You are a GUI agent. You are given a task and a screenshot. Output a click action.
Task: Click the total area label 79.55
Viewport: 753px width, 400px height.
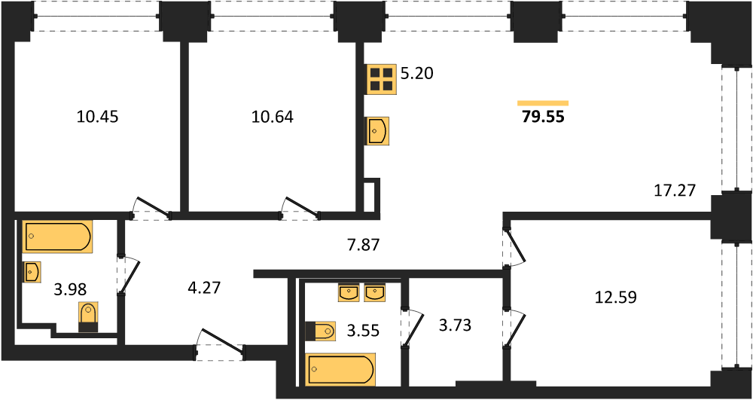(x=543, y=117)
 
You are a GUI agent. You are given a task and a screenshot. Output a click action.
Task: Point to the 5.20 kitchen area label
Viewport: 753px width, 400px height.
(x=418, y=74)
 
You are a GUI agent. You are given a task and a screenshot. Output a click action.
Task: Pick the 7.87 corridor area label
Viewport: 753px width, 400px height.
(x=362, y=246)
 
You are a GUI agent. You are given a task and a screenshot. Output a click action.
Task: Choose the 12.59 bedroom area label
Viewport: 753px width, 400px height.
(x=616, y=298)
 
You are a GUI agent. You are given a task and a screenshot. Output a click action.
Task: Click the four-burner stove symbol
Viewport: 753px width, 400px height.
(x=382, y=79)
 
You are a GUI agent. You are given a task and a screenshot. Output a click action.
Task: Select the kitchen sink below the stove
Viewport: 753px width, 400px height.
(x=378, y=131)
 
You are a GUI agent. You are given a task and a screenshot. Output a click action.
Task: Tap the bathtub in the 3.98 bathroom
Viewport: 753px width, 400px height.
(x=57, y=237)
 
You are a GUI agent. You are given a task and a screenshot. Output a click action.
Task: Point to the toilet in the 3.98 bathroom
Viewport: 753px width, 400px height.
(x=88, y=317)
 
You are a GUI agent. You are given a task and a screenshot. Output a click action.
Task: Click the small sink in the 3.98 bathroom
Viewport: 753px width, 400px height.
(x=32, y=272)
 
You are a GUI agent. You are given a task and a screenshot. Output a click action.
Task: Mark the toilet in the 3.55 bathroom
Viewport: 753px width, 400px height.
(x=320, y=331)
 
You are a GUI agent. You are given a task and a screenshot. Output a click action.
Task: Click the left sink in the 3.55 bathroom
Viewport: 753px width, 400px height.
(x=349, y=293)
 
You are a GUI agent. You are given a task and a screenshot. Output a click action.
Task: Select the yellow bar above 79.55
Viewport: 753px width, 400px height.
(x=543, y=102)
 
